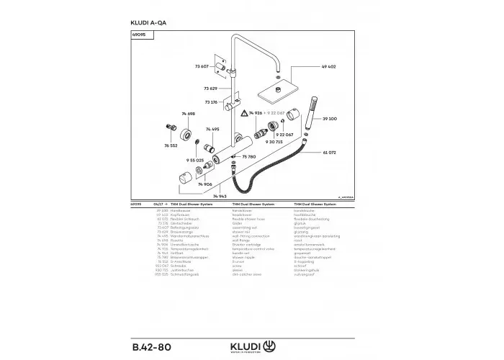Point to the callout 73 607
pos(201,66)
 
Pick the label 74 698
pos(188,114)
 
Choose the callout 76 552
pos(171,146)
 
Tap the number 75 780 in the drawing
pos(249,156)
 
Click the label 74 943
pos(219,196)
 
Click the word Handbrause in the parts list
pos(177,210)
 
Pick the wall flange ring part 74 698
pos(186,134)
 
